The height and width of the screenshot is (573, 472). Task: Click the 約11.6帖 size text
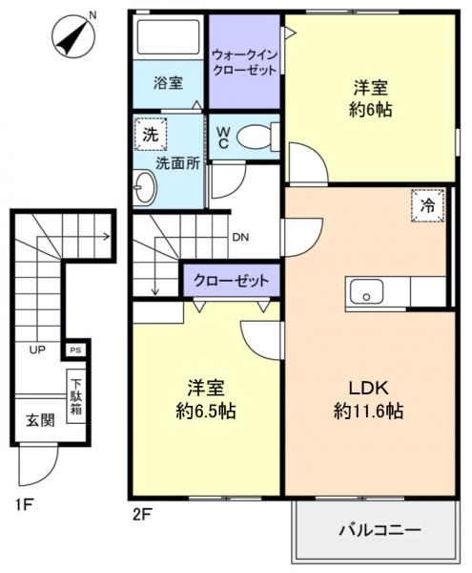pos(368,413)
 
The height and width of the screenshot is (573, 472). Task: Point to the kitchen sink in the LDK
pos(365,292)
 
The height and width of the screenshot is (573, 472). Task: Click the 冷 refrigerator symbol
pos(428,203)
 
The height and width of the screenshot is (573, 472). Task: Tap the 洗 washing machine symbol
pos(150,135)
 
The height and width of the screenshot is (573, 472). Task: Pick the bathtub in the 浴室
pos(166,38)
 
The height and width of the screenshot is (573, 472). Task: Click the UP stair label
pos(37,350)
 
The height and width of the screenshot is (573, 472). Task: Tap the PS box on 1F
pos(73,350)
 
